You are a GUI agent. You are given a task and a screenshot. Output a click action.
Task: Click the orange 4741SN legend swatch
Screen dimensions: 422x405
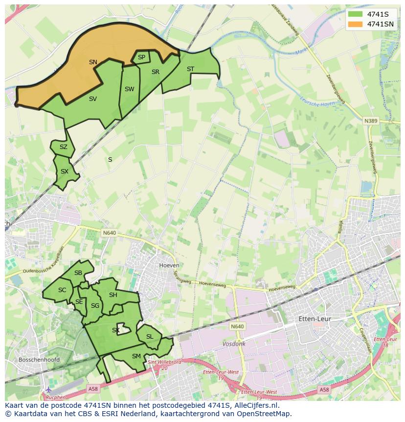(x=356, y=24)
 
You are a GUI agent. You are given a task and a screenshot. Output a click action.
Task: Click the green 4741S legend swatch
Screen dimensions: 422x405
(x=356, y=14)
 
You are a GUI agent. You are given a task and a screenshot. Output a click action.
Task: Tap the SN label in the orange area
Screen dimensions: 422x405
(x=93, y=62)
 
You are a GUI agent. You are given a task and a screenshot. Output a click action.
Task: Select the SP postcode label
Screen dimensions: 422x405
(x=141, y=57)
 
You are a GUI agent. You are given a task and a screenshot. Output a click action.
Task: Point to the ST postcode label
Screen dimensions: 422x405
(x=190, y=69)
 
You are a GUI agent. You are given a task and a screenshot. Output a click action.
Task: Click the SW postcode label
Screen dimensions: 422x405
(x=129, y=89)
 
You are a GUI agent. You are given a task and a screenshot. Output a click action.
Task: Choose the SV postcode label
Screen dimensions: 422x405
(x=93, y=99)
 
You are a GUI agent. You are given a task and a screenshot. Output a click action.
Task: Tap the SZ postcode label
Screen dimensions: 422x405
(x=64, y=147)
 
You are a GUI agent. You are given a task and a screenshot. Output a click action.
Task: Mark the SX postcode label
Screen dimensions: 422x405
(x=65, y=172)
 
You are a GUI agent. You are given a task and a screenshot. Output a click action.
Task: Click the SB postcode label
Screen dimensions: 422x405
(x=78, y=273)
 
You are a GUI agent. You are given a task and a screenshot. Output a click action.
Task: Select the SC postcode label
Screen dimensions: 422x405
(x=62, y=290)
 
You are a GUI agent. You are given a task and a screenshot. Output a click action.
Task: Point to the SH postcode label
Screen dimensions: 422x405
(x=113, y=295)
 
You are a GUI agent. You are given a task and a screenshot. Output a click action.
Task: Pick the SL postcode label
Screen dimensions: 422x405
(x=150, y=337)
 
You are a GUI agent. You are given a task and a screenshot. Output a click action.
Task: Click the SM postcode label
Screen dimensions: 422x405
(x=136, y=356)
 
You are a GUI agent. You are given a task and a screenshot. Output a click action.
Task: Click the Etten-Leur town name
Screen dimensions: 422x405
(x=315, y=319)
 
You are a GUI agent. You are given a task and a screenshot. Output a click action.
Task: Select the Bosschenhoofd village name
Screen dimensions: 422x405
(x=39, y=360)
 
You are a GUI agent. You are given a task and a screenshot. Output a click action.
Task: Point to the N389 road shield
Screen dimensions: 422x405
(x=370, y=120)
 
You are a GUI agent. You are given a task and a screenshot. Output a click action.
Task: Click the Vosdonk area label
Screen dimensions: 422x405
(x=234, y=344)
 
